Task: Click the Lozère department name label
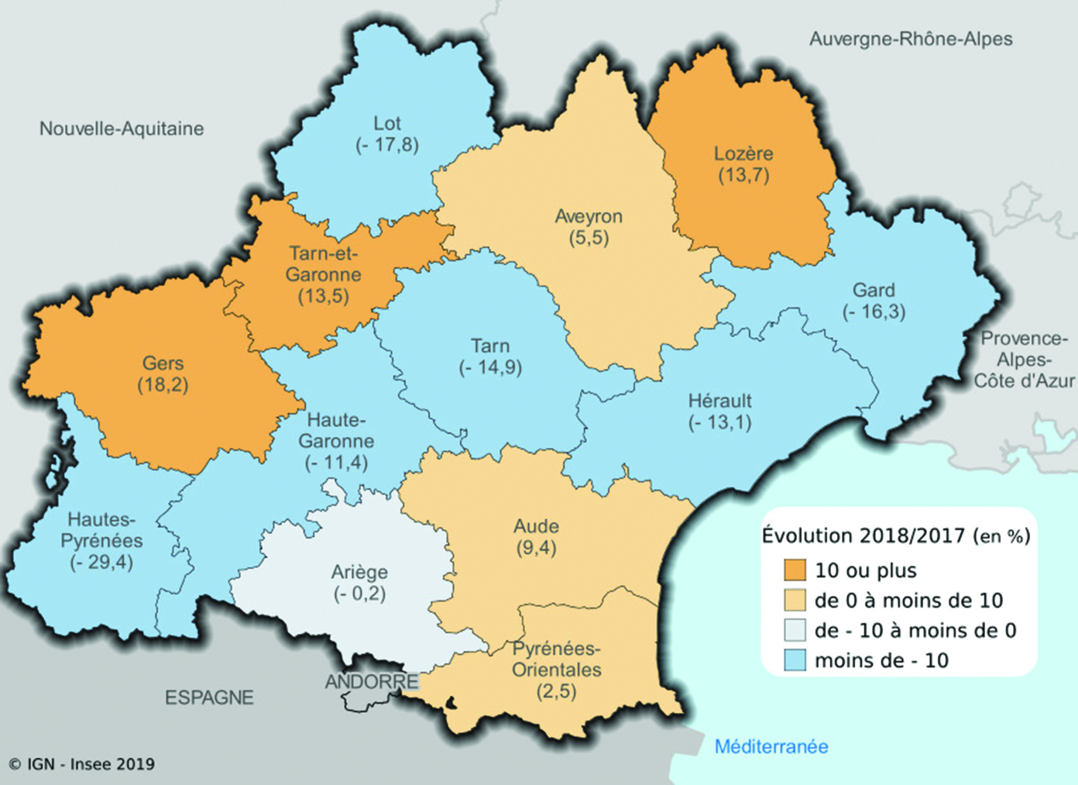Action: pos(743,154)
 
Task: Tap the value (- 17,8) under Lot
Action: pos(387,145)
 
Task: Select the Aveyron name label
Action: pos(588,216)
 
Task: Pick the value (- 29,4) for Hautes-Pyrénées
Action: pos(102,562)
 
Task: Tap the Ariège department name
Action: pos(360,572)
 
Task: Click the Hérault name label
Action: pos(720,401)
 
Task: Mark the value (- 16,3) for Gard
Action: pos(874,311)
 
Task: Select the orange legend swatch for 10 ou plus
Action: pos(794,571)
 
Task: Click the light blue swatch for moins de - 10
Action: pos(794,660)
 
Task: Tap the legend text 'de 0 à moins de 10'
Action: pos(909,601)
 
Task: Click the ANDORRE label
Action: pos(372,682)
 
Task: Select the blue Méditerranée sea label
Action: pos(771,747)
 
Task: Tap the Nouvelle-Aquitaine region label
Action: pos(122,129)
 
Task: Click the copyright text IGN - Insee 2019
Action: pos(82,764)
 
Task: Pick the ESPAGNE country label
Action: pos(209,698)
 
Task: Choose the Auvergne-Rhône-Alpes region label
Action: pos(911,39)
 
